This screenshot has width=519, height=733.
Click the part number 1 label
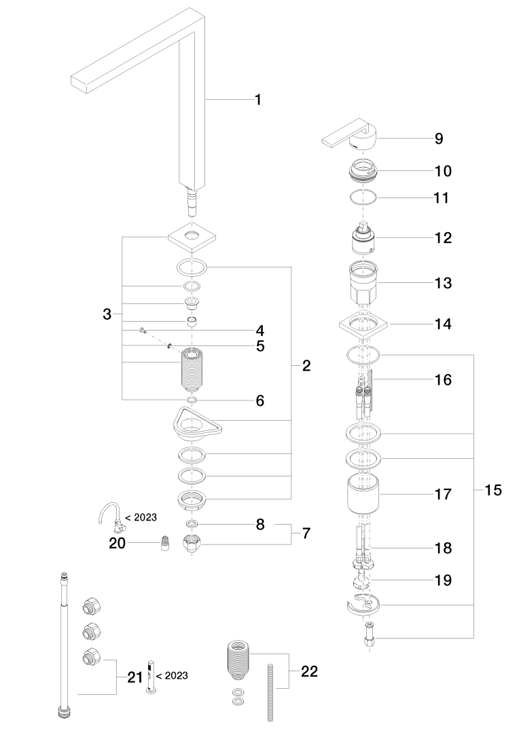click(x=258, y=100)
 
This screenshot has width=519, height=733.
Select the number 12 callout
click(x=443, y=238)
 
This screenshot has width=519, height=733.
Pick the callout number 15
click(x=493, y=490)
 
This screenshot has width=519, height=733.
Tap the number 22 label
click(x=308, y=672)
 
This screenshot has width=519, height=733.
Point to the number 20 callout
click(x=118, y=543)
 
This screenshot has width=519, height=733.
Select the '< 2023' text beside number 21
click(x=172, y=675)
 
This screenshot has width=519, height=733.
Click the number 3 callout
click(x=107, y=314)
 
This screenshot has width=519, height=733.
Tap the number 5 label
click(x=260, y=346)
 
